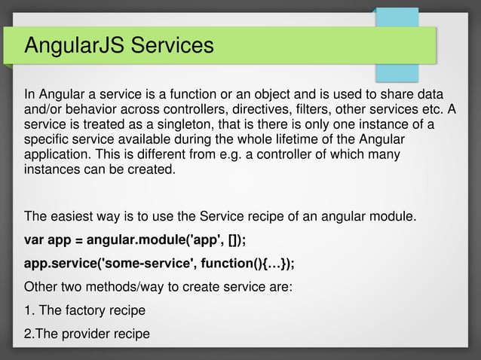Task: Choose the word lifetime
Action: (x=307, y=139)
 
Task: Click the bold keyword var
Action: (x=35, y=240)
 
